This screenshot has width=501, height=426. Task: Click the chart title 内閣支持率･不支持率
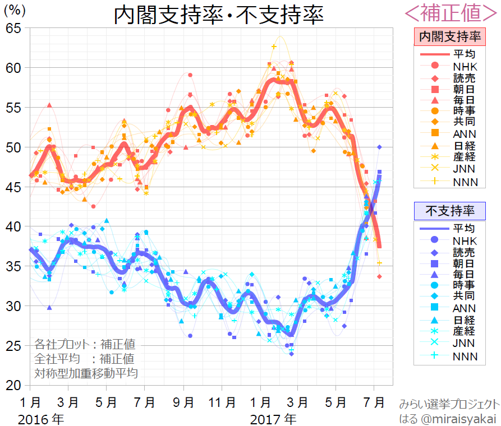pos(219,16)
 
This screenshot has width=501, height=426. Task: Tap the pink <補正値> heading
pos(451,12)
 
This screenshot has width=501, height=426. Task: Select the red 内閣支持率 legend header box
pos(449,38)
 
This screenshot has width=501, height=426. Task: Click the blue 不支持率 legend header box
pos(449,211)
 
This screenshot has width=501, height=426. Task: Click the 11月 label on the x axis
pos(220,402)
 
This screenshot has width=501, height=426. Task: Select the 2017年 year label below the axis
pos(273,418)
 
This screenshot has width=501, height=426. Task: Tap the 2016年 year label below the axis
pos(41,418)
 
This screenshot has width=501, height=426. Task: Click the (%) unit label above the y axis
pos(15,10)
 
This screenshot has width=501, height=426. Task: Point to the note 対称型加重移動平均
pos(86,372)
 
